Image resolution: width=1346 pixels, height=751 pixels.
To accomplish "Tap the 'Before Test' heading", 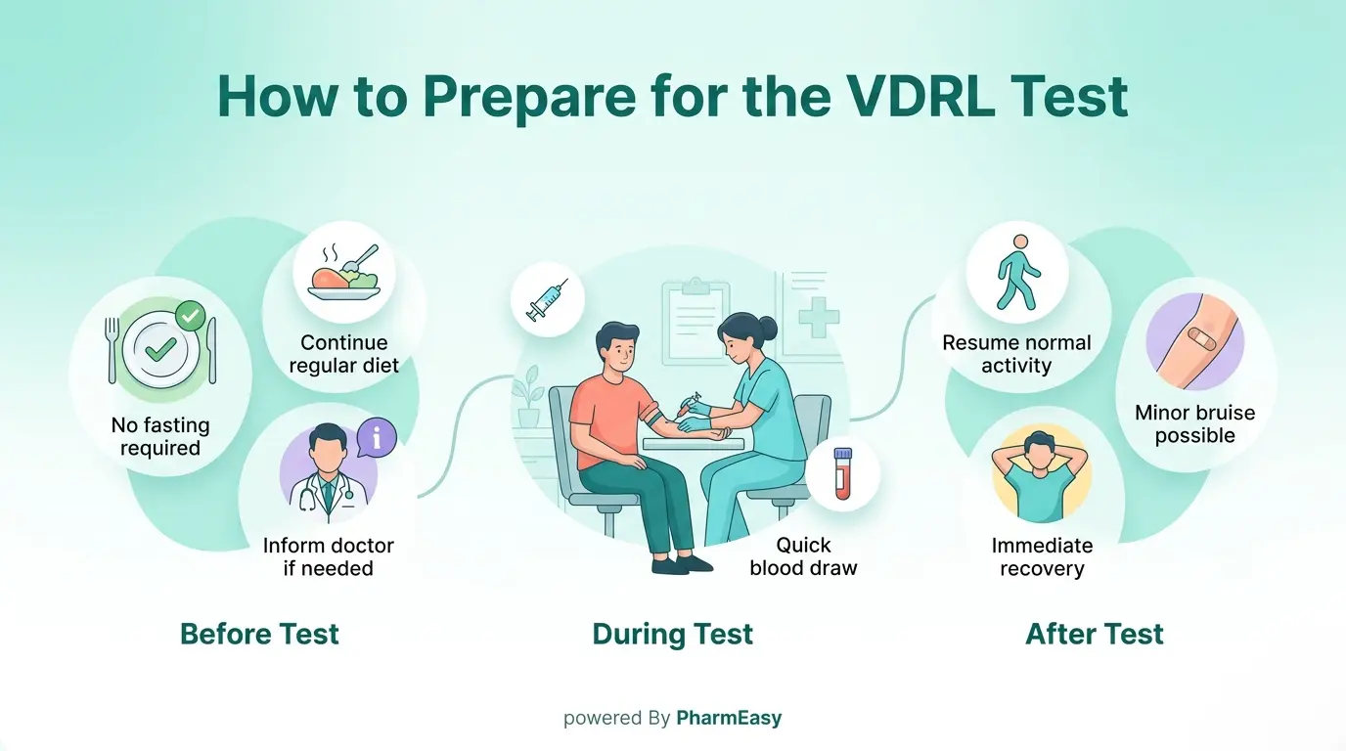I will [x=259, y=634].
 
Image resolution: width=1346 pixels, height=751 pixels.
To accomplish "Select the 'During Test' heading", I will [x=673, y=634].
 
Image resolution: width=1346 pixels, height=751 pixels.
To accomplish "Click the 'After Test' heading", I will [x=1094, y=634].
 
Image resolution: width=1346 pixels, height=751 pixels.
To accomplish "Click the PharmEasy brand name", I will [x=729, y=719].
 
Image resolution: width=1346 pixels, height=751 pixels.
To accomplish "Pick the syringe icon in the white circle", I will [x=547, y=298].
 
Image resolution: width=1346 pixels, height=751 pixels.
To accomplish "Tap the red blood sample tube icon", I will [x=842, y=474].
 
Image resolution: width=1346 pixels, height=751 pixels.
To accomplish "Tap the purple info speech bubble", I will [x=377, y=438].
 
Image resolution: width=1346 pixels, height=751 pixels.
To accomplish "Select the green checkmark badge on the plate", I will [x=190, y=316].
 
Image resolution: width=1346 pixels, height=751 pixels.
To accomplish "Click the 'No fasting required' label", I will [x=159, y=437].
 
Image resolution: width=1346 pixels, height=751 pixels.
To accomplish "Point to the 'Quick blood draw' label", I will [x=803, y=556].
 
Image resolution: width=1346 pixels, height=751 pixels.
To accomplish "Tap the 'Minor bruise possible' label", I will [x=1194, y=424].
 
